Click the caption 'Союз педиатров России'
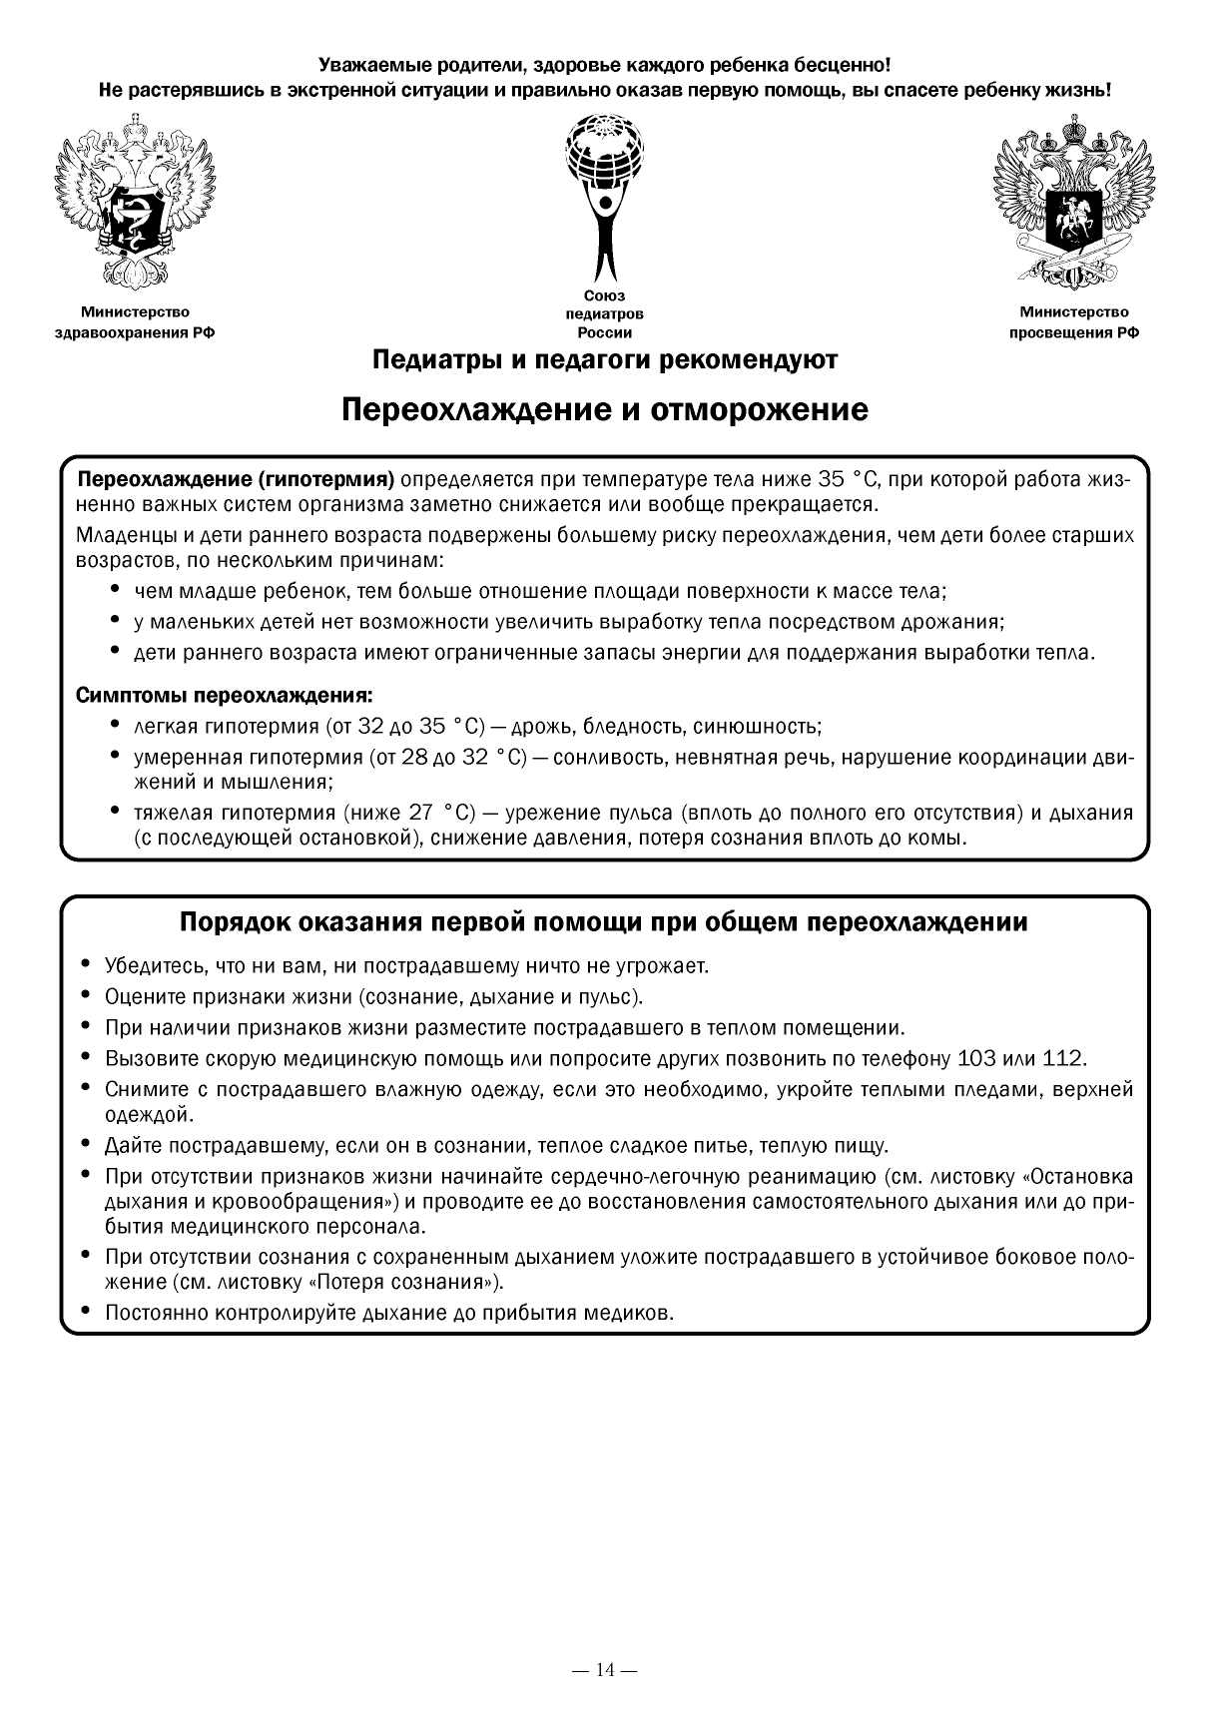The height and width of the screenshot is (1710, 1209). pos(604,314)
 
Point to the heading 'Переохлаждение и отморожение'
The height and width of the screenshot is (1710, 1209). pos(604,410)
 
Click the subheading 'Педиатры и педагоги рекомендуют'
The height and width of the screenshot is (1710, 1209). pos(604,359)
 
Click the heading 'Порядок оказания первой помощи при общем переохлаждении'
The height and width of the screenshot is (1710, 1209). pos(604,921)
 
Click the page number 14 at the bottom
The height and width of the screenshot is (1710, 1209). pos(605,1669)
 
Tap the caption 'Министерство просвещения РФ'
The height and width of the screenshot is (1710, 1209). pos(1074,322)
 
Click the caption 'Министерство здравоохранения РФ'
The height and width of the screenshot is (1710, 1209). pos(135,322)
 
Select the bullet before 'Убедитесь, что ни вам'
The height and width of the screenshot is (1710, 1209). pos(86,964)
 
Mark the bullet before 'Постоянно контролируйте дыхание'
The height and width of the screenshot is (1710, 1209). pos(86,1311)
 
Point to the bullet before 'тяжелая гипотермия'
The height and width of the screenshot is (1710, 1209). pos(115,811)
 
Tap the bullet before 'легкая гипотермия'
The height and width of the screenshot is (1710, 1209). pos(115,725)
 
